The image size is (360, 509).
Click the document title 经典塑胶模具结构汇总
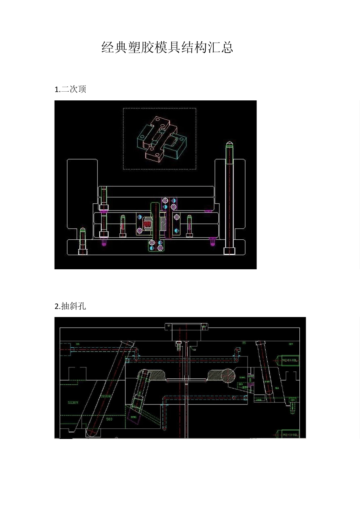(x=167, y=47)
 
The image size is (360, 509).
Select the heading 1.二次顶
(x=70, y=89)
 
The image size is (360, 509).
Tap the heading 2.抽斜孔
(x=70, y=306)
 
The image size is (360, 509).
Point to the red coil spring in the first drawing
(x=147, y=224)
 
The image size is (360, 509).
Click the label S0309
(x=73, y=403)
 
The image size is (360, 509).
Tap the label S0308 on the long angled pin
(x=105, y=396)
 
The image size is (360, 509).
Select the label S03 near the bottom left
(x=109, y=419)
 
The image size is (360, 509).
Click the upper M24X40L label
(x=290, y=360)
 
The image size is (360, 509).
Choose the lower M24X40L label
(x=290, y=435)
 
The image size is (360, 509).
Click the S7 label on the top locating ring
(x=169, y=325)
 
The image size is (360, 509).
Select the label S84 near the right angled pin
(x=276, y=388)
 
